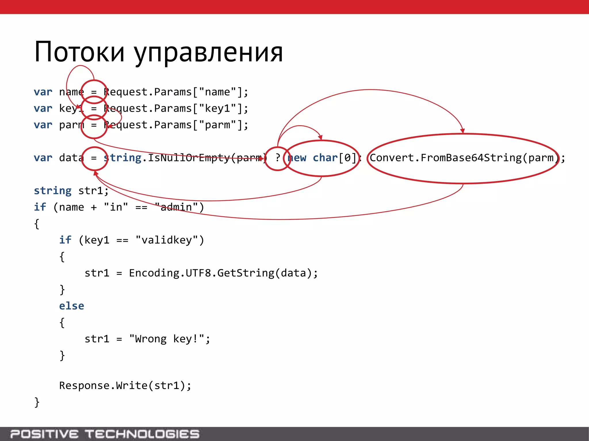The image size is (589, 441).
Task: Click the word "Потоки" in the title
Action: click(x=79, y=52)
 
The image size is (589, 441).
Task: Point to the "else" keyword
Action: click(x=72, y=306)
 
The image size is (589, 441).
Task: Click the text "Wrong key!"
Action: click(x=167, y=339)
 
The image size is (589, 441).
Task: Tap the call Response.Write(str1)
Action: click(x=125, y=385)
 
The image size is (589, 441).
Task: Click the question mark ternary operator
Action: click(x=278, y=158)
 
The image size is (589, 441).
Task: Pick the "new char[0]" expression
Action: click(x=322, y=158)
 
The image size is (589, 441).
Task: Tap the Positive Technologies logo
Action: click(x=105, y=434)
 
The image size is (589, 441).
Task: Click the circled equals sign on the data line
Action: click(x=94, y=158)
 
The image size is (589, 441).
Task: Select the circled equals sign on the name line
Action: click(x=94, y=92)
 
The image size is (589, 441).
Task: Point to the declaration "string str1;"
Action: click(x=71, y=191)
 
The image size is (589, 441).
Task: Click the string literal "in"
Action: click(x=116, y=207)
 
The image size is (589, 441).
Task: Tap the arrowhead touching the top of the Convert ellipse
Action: click(x=462, y=131)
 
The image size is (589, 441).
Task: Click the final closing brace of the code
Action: click(x=37, y=402)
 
